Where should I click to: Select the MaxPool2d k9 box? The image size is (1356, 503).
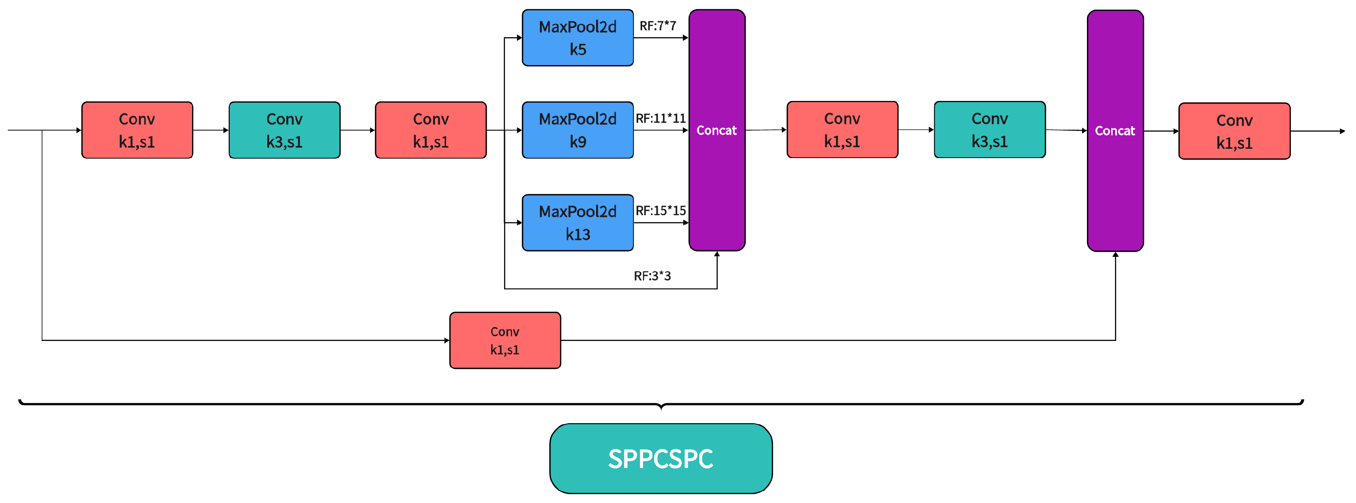[578, 130]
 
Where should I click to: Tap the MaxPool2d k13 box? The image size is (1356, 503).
[578, 223]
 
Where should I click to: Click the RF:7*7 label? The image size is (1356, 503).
[658, 26]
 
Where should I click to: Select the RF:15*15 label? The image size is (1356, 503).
[661, 211]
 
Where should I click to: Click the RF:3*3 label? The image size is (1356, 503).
[652, 276]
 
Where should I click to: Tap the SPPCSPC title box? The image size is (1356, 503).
[661, 459]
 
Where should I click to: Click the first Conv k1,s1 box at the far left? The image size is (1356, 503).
[137, 130]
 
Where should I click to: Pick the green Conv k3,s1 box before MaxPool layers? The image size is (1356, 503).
[284, 130]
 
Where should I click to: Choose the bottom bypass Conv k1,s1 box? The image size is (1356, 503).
[505, 340]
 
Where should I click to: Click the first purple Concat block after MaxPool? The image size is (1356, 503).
[717, 130]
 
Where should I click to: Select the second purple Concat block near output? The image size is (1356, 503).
[1115, 131]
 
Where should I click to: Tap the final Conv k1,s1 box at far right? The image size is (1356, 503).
[1234, 131]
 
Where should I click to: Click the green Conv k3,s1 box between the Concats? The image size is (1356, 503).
[990, 130]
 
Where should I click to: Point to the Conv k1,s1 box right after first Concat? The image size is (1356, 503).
[842, 130]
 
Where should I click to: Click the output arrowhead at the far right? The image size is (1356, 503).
[1343, 131]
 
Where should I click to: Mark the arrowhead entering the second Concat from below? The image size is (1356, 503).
[1115, 255]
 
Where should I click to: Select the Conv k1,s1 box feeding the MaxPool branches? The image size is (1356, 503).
[431, 130]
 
